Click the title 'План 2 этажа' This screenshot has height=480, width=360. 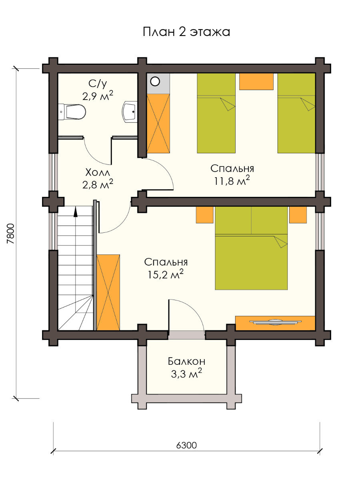click(x=186, y=32)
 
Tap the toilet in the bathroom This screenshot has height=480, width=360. click(x=72, y=112)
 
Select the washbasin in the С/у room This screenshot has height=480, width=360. click(x=130, y=111)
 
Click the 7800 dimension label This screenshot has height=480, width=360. click(x=10, y=233)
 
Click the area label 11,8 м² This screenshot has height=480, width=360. click(x=232, y=181)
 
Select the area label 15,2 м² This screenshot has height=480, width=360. click(x=166, y=274)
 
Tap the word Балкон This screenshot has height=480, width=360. click(x=186, y=362)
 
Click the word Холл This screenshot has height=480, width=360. click(x=98, y=172)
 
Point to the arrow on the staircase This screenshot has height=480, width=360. click(x=76, y=212)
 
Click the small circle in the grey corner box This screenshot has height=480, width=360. click(x=155, y=82)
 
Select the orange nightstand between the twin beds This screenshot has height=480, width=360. click(x=256, y=81)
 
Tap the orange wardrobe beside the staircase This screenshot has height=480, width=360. click(x=108, y=292)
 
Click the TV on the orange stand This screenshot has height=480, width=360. click(x=276, y=322)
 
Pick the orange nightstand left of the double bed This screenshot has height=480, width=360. click(x=204, y=215)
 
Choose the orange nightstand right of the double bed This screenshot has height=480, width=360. click(x=298, y=215)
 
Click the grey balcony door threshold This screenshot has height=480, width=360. click(x=186, y=335)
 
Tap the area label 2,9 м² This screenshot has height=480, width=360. click(x=98, y=96)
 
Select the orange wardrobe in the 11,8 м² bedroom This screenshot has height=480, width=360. click(x=158, y=123)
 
